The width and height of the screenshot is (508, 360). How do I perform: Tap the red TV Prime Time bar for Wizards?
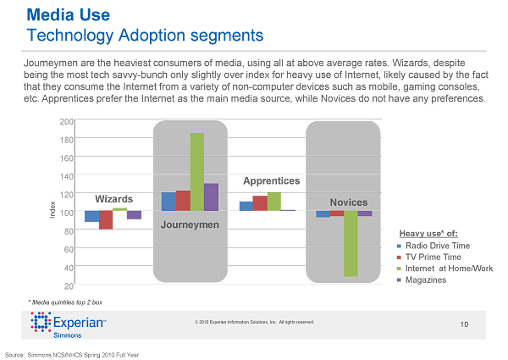[x=106, y=220]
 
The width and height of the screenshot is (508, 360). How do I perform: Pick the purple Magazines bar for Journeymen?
[x=211, y=197]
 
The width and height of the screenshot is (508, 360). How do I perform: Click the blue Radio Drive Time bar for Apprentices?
[x=246, y=206]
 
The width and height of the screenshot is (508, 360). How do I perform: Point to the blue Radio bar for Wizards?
[x=91, y=216]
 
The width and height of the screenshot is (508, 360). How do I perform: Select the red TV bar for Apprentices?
[x=260, y=203]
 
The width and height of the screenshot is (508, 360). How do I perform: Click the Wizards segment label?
[x=113, y=198]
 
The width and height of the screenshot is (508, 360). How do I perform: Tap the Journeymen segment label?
[x=190, y=224]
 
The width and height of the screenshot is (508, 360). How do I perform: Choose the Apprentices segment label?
[x=271, y=181]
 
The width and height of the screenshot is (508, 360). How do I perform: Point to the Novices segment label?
[x=349, y=202]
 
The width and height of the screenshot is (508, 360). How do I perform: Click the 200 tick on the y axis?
[x=66, y=122]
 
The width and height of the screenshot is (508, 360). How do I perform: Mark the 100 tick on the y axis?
[x=66, y=212]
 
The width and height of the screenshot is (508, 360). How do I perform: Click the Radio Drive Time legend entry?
[x=438, y=246]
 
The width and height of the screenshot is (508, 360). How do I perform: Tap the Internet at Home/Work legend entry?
[x=449, y=269]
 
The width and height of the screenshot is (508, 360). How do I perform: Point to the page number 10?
[x=464, y=324]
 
